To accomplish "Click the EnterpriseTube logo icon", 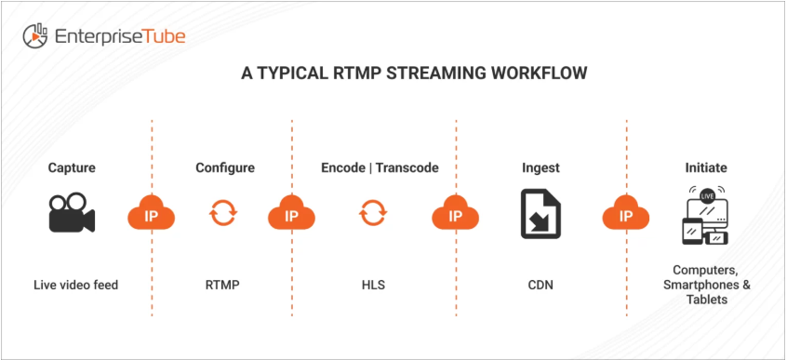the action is point(35,36).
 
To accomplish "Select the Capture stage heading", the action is point(71,167).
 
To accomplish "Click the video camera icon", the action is point(72,213).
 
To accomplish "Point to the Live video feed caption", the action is point(75,286).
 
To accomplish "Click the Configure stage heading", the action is point(225,167).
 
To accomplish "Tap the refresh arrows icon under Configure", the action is point(223,212).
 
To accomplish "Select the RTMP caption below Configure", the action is point(222,286).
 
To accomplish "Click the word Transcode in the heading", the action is point(407,167).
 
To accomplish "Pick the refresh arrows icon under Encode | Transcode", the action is point(372,212).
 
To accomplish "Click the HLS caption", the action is point(372,286).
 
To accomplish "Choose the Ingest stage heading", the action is point(540,167).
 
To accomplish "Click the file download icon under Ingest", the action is point(540,213).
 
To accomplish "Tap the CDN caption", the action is point(540,286).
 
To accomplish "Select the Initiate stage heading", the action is point(706,167).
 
